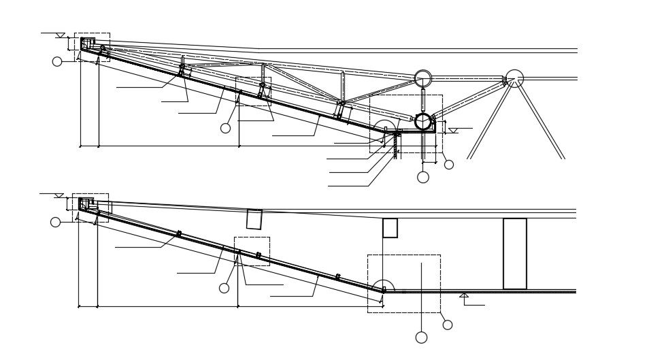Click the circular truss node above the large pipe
(423, 78)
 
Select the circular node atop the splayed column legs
(515, 78)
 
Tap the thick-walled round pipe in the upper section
(423, 122)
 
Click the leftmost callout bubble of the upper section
(57, 61)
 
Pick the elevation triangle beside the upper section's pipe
(453, 130)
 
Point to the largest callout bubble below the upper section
(423, 177)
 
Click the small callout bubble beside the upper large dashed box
(448, 164)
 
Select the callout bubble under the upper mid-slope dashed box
(226, 128)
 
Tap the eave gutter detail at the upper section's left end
(87, 44)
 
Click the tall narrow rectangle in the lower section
(515, 253)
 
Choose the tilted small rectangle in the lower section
(254, 219)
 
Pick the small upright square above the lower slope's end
(390, 228)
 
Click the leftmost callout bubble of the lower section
(56, 222)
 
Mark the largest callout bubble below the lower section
(421, 338)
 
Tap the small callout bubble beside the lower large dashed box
(447, 325)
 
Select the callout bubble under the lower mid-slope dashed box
(224, 288)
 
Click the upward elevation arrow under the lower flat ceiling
(464, 295)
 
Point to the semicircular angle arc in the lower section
(384, 285)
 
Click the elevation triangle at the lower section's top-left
(59, 195)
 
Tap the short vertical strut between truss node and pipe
(423, 100)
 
